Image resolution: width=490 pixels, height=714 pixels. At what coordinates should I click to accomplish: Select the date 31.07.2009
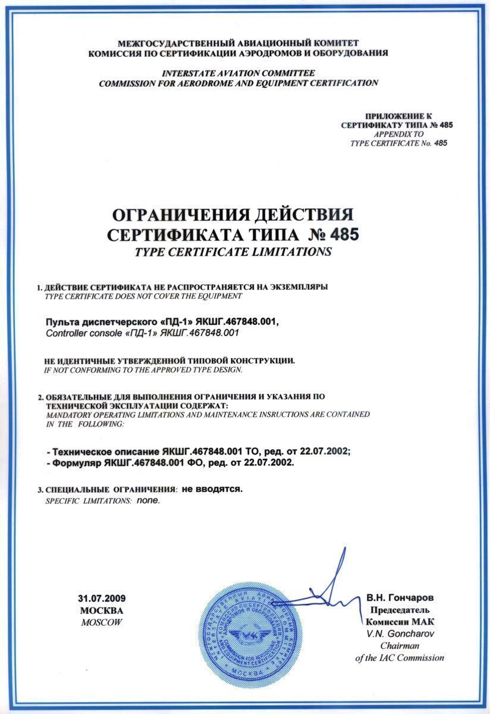[x=102, y=598]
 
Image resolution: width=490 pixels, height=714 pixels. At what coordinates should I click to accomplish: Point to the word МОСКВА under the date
[x=102, y=610]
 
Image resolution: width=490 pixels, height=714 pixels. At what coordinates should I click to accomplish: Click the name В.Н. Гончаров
[x=400, y=597]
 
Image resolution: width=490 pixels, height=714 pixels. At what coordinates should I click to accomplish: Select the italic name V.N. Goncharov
[x=400, y=633]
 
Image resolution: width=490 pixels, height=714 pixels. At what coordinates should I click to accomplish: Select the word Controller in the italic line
[x=65, y=333]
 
